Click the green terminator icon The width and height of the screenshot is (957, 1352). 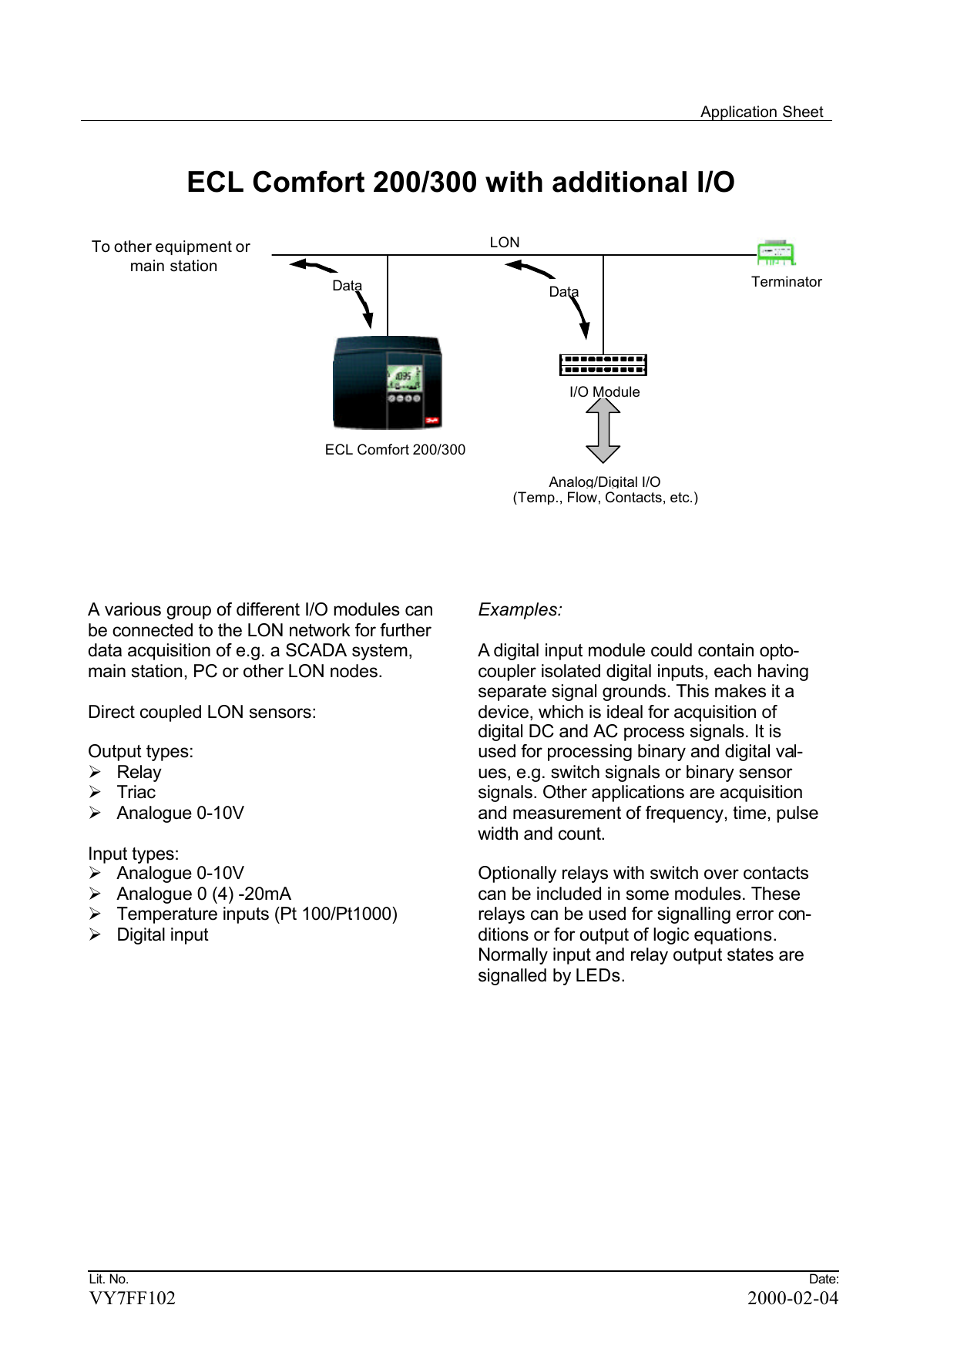[775, 253]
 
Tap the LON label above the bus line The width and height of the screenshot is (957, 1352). [505, 243]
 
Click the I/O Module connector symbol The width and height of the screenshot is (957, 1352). [603, 364]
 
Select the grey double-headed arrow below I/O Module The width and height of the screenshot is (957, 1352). [603, 431]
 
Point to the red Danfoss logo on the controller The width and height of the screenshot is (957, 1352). [431, 421]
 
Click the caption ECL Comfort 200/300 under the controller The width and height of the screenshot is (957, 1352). [395, 450]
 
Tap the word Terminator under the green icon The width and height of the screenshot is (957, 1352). [786, 282]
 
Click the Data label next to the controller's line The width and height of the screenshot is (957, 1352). [347, 286]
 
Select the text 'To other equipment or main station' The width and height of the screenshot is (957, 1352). [171, 257]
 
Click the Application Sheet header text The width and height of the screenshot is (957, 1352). [761, 112]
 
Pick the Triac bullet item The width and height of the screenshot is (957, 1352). [136, 793]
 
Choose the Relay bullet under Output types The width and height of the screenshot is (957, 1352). [139, 772]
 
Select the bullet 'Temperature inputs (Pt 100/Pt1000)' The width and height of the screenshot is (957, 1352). [257, 914]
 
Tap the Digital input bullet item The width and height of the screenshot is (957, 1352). [162, 935]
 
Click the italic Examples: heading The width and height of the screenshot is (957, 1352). [520, 610]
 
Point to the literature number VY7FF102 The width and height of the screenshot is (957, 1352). [132, 1298]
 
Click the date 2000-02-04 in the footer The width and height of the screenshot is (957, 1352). [792, 1298]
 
